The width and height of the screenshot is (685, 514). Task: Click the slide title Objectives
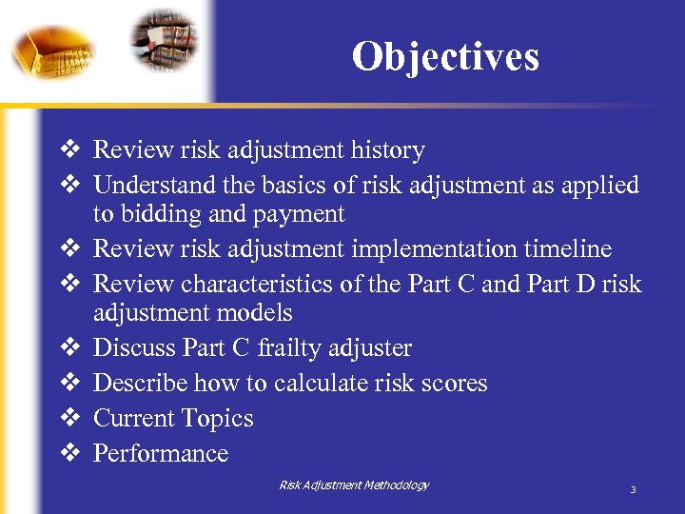pyautogui.click(x=444, y=57)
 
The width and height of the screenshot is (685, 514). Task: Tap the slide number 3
pyautogui.click(x=633, y=490)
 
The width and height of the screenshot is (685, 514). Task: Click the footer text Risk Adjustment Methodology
pyautogui.click(x=354, y=485)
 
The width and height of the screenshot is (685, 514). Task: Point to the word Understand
pyautogui.click(x=153, y=185)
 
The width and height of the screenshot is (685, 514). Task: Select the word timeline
pyautogui.click(x=566, y=249)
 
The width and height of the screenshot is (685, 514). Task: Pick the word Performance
pyautogui.click(x=161, y=453)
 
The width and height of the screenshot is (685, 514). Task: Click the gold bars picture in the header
pyautogui.click(x=52, y=48)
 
